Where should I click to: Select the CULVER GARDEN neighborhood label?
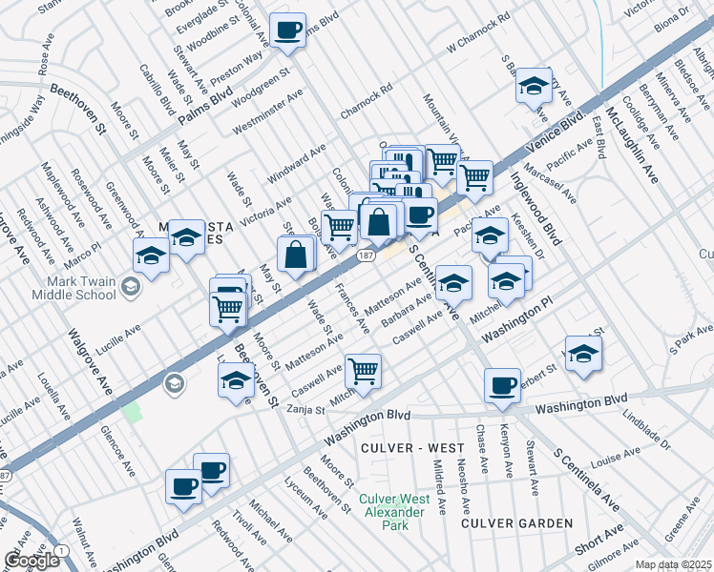pyautogui.click(x=517, y=523)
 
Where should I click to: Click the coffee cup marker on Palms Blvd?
pyautogui.click(x=286, y=32)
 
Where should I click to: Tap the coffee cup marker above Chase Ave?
pyautogui.click(x=502, y=387)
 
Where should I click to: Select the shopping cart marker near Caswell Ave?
pyautogui.click(x=363, y=372)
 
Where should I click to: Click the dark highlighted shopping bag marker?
pyautogui.click(x=379, y=223)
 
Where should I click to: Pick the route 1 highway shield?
pyautogui.click(x=62, y=550)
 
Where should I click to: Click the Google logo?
pyautogui.click(x=31, y=561)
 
